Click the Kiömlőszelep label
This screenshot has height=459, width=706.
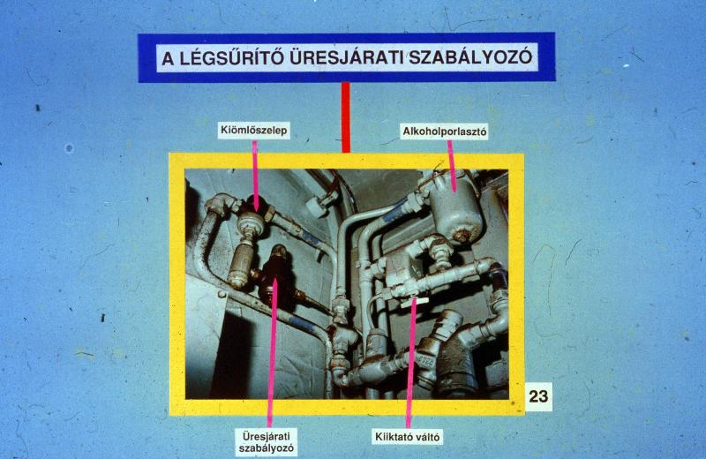[254, 131]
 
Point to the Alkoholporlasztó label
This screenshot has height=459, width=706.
[445, 132]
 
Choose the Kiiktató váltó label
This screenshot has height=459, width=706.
[408, 437]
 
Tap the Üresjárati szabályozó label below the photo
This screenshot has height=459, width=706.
[267, 442]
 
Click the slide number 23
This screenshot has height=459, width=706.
[538, 396]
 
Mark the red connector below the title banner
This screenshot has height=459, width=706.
[346, 117]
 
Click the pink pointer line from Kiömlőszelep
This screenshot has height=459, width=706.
[255, 176]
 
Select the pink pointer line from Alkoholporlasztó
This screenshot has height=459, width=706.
[452, 165]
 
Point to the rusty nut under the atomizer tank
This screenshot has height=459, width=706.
[461, 235]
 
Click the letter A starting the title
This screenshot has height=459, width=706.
[168, 59]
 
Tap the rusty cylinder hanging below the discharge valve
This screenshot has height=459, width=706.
[240, 264]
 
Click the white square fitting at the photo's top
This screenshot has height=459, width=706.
[317, 206]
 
